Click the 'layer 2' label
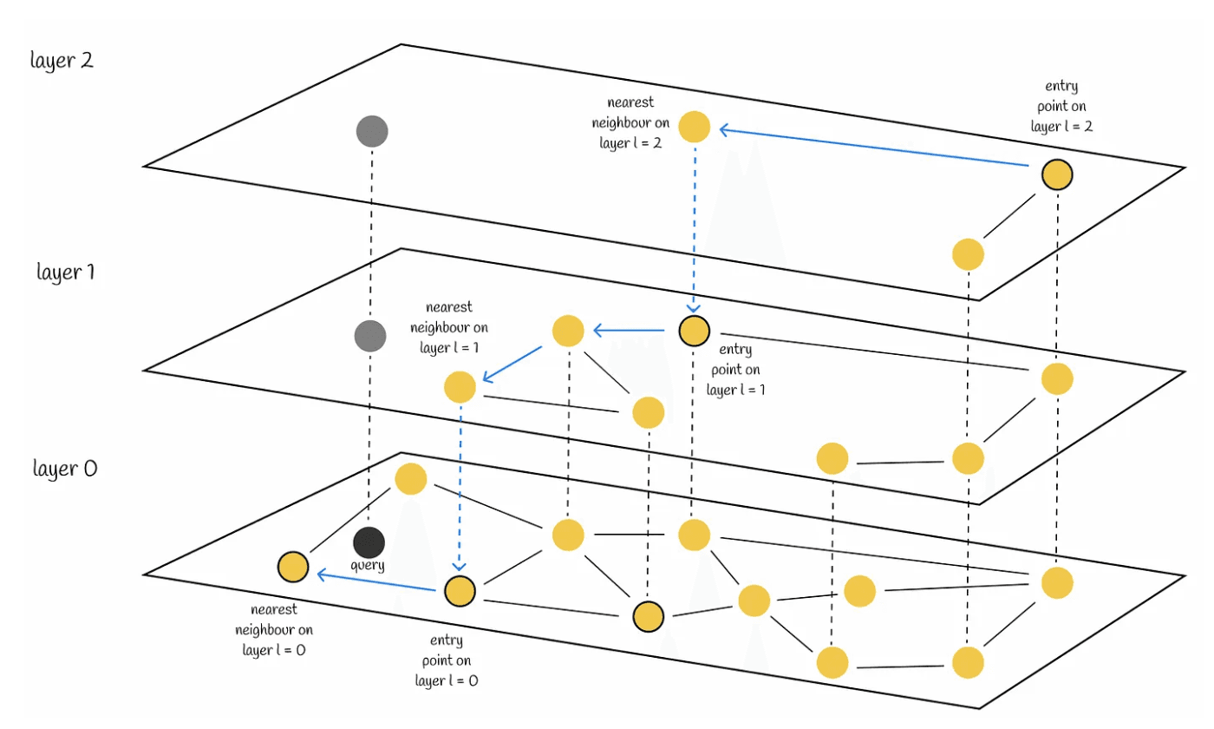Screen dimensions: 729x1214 61,62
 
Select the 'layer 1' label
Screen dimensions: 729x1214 65,272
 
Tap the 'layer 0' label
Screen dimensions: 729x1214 65,469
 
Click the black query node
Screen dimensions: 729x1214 369,542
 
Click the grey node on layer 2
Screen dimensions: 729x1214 372,132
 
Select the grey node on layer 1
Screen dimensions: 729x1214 370,334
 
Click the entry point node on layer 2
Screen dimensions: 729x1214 1057,175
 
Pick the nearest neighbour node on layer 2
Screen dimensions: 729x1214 695,127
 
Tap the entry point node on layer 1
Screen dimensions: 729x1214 695,330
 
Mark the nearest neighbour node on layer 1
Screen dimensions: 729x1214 460,386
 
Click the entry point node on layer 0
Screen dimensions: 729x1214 460,591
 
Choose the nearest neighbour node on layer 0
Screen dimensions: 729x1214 293,568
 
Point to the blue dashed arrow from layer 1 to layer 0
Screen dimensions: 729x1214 460,486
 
